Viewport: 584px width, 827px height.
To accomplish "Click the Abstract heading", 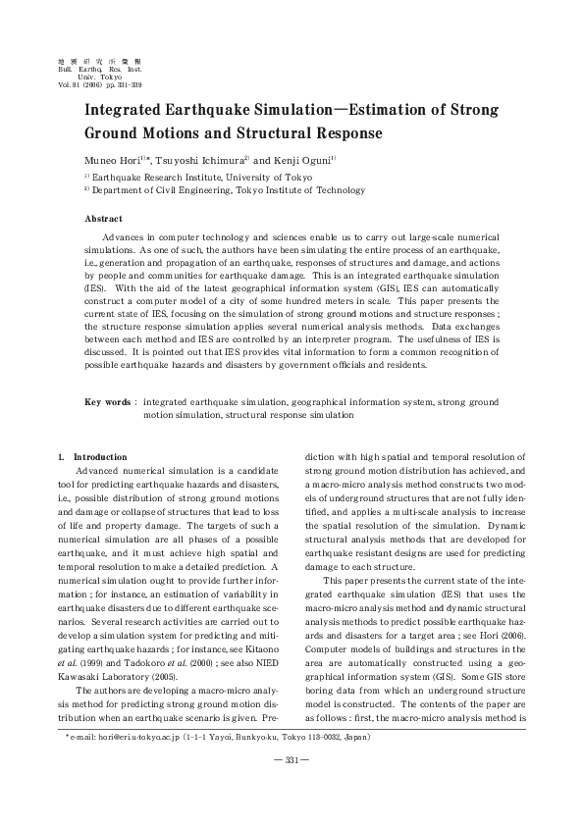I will coord(103,219).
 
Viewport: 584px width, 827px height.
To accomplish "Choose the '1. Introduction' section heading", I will coord(93,456).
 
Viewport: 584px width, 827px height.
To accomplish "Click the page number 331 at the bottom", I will coord(292,787).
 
